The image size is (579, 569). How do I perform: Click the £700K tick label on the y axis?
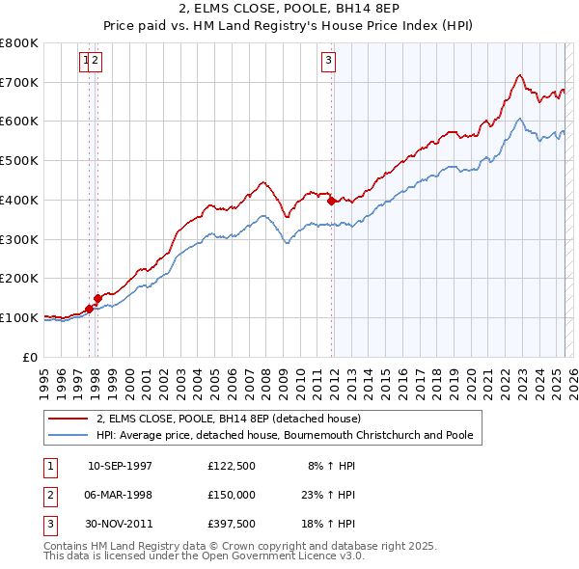(x=19, y=82)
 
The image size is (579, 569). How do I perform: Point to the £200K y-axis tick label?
(x=19, y=278)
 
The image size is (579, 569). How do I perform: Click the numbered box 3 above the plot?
(x=329, y=61)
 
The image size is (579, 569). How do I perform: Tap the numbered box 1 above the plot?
(x=87, y=61)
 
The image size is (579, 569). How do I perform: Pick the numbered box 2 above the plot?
(x=97, y=61)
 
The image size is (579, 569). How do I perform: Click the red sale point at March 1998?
(x=97, y=298)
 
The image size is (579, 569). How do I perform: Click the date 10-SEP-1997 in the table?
(x=120, y=466)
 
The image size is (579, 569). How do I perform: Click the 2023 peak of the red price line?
(x=519, y=75)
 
